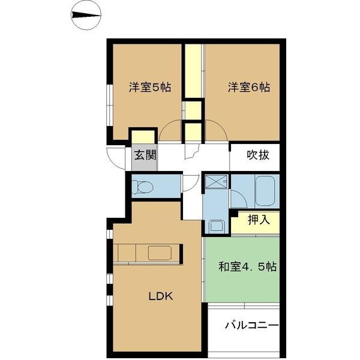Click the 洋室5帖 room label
tap(150, 88)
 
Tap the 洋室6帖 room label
tap(248, 88)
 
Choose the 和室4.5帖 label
tap(247, 266)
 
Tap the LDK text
tap(161, 295)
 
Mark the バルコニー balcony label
tap(251, 326)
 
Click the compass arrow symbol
tap(86, 16)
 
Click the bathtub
tap(265, 190)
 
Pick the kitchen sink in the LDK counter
tap(161, 253)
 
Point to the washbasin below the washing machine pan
tap(216, 227)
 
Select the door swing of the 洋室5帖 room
tap(170, 132)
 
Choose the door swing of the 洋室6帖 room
tap(216, 132)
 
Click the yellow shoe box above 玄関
tap(143, 136)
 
